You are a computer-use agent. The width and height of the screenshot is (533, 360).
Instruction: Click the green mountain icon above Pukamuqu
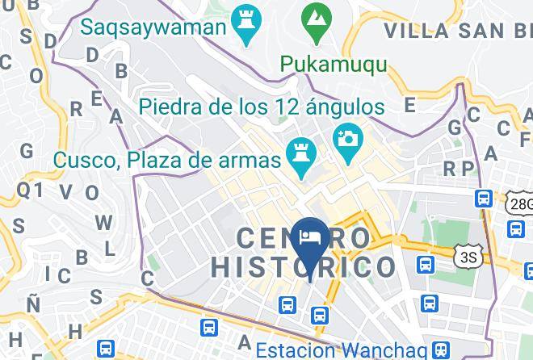click(314, 17)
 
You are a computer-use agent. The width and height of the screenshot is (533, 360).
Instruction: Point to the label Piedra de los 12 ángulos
click(261, 106)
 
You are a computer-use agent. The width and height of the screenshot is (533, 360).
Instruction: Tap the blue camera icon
click(348, 138)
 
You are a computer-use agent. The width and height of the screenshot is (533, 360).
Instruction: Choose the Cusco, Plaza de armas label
click(166, 158)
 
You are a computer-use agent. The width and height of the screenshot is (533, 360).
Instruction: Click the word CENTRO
click(304, 238)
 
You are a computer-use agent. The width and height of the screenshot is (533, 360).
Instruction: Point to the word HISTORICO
click(304, 267)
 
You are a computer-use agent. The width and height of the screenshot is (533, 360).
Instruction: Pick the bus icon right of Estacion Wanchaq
click(439, 350)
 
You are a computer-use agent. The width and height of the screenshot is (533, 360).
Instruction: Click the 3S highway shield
click(466, 256)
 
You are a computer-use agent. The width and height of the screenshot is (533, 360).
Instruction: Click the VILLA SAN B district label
click(457, 31)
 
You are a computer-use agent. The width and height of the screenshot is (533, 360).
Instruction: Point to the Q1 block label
click(30, 189)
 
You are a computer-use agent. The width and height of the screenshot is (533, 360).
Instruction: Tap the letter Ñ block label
click(33, 304)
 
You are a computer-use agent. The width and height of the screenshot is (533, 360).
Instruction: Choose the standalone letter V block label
click(67, 191)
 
